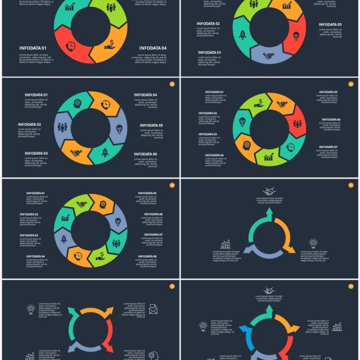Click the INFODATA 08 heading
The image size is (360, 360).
(x=148, y=256)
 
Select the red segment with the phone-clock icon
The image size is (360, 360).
(x=72, y=46)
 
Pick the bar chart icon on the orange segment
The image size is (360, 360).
(x=287, y=6)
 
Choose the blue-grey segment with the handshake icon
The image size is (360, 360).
(x=269, y=56)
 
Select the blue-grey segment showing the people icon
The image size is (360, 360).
(x=63, y=127)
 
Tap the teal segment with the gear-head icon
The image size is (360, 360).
(x=77, y=103)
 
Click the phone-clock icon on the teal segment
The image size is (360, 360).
(x=291, y=147)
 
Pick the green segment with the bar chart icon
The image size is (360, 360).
(x=269, y=157)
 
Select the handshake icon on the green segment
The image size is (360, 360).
(x=81, y=204)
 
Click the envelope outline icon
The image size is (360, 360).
(x=153, y=309)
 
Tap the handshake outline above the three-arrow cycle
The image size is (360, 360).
(x=269, y=191)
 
